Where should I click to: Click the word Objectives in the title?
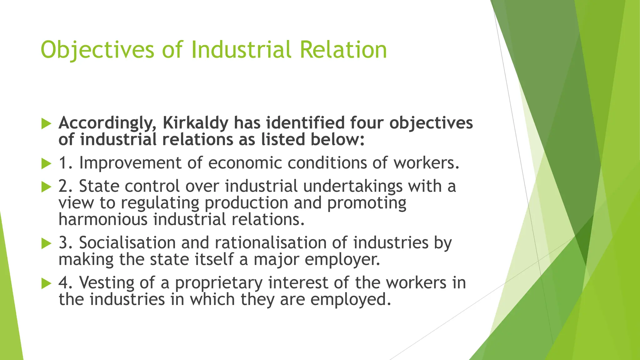[x=97, y=50]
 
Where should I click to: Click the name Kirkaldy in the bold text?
[x=196, y=123]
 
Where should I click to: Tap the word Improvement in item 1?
[x=130, y=163]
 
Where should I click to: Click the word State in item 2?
[x=99, y=186]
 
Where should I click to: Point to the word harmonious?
[x=103, y=219]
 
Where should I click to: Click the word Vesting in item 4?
[x=106, y=283]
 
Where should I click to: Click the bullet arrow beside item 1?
[x=46, y=163]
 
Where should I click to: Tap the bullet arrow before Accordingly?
[x=46, y=123]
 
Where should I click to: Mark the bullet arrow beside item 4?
[x=46, y=283]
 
